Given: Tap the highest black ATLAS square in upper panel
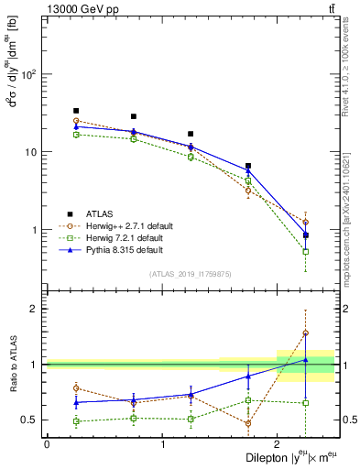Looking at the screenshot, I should tap(76, 111).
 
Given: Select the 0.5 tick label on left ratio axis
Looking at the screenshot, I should tap(27, 420).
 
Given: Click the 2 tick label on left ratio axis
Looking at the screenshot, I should tap(32, 309).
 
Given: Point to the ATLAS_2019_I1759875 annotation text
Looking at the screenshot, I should tap(191, 274).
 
